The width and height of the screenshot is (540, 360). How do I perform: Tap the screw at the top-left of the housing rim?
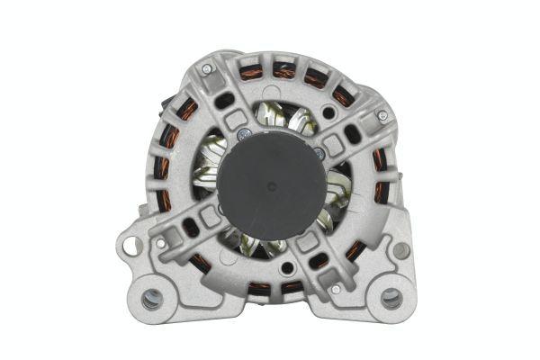point(206,69)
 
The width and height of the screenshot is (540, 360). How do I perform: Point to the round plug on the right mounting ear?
point(400,250)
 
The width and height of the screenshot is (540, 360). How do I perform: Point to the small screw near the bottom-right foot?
point(335,290)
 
